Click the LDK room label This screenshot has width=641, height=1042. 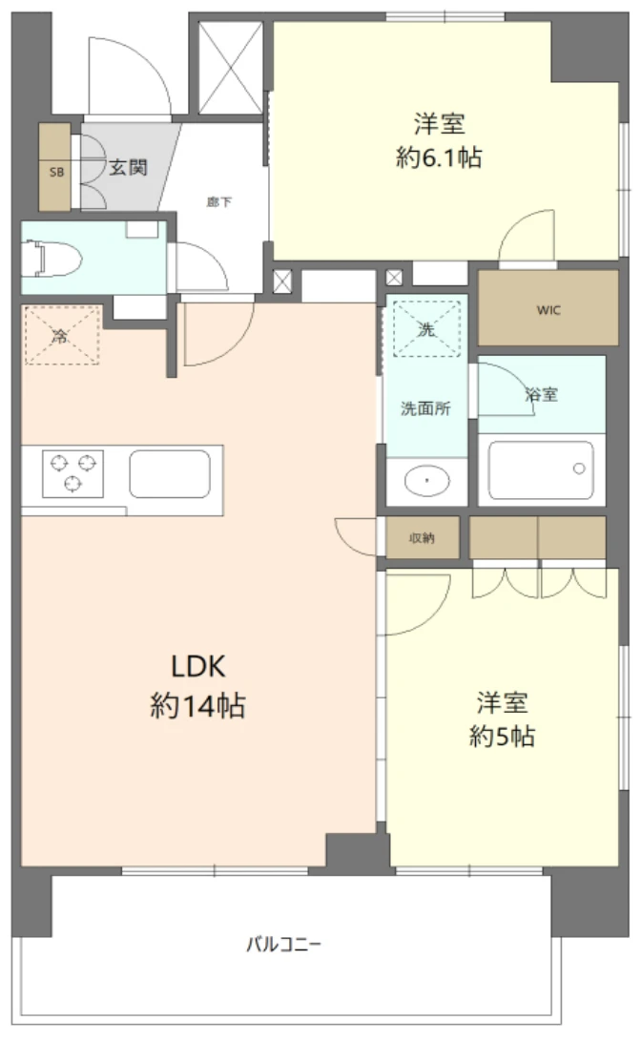pos(198,666)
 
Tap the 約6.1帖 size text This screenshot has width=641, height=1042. pos(439,158)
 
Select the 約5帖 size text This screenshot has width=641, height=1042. pos(502,737)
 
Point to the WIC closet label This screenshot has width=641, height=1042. pos(548,310)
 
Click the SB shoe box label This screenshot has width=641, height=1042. pos(57,172)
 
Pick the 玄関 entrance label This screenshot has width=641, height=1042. pos(128,167)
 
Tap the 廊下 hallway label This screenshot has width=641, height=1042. pos(218,201)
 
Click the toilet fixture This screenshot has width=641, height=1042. pos(52,259)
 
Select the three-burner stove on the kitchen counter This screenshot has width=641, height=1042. pos(73,473)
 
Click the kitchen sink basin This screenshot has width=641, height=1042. pos(170,474)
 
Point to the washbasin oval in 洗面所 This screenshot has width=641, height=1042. pos(426,481)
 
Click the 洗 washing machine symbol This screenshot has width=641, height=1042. pos(426,329)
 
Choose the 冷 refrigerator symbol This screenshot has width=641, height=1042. pos(62,335)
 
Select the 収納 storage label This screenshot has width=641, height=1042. pos(422,537)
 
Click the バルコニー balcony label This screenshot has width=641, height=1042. pos(283,944)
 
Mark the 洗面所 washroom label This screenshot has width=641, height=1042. pos(425,408)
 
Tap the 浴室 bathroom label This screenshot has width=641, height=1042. pos(542,394)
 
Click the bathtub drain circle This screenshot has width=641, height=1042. pos(579,469)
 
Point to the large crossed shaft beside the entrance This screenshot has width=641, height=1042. pos(231,68)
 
